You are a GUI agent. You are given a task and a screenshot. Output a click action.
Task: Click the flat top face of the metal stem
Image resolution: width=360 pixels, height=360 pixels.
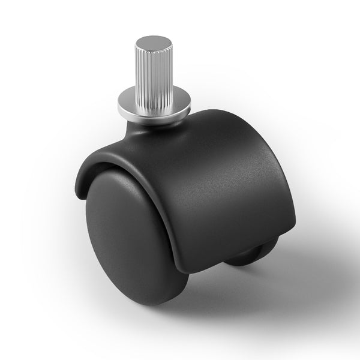pyautogui.click(x=153, y=42)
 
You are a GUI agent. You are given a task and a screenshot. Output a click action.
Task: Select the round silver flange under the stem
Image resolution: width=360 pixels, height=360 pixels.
pyautogui.click(x=138, y=100)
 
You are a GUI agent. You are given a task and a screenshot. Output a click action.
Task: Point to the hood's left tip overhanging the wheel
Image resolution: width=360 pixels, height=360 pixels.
pyautogui.click(x=79, y=191)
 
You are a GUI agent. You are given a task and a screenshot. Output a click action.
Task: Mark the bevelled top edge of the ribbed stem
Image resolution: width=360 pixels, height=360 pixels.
pyautogui.click(x=153, y=50)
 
